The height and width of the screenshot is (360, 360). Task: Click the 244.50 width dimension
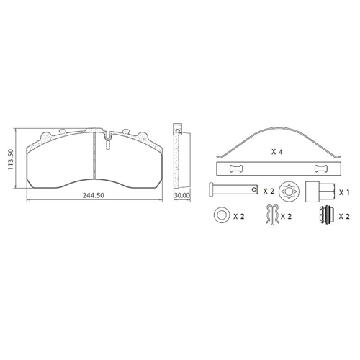[94, 195]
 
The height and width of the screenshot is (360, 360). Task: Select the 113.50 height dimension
[10, 160]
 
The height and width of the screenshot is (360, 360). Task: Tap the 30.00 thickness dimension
[182, 195]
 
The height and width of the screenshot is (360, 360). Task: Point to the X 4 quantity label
[277, 152]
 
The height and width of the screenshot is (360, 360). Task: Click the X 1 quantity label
[344, 192]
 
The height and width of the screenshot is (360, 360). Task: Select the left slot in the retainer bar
[236, 168]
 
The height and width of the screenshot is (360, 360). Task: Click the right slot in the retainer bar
[321, 168]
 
